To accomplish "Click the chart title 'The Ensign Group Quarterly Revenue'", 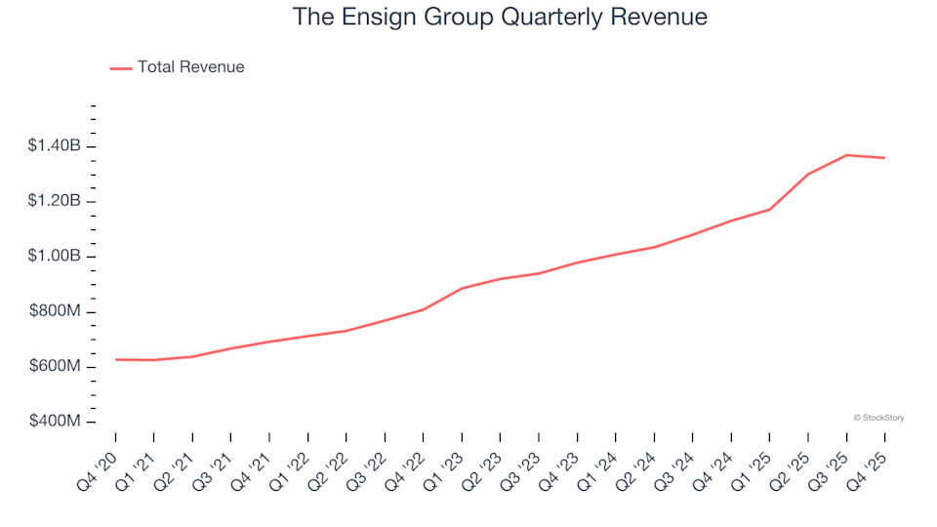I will [500, 18].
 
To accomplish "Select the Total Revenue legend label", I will [190, 67].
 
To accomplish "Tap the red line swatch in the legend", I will [121, 68].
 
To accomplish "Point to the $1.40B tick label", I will [55, 146].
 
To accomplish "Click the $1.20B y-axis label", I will [55, 202].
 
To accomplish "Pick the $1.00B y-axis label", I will [55, 257].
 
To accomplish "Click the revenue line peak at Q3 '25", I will [846, 155].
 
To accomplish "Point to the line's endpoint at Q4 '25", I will [884, 158].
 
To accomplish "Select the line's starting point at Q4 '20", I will [115, 359].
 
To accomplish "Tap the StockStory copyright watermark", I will [878, 418].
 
